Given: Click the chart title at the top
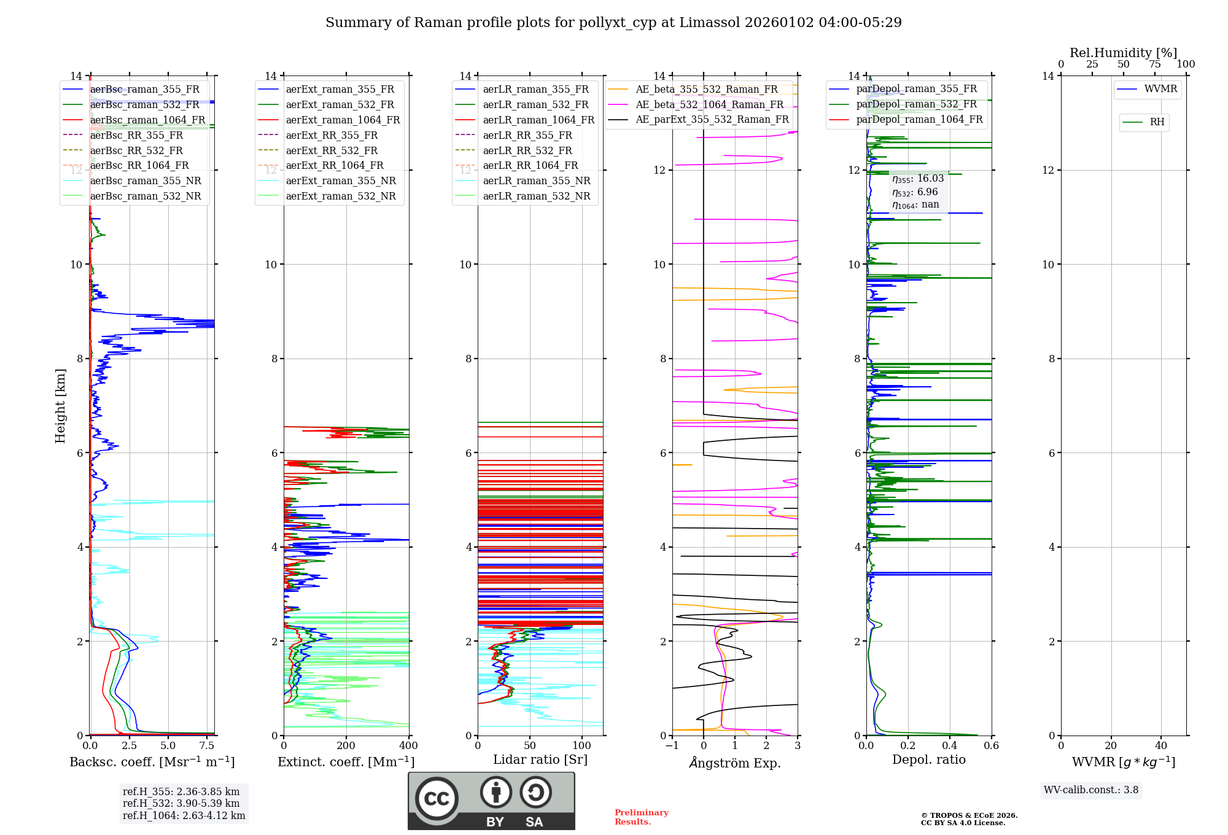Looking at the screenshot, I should [x=613, y=23].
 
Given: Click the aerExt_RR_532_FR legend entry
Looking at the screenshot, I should [x=332, y=150].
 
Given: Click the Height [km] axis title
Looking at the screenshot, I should [x=60, y=405].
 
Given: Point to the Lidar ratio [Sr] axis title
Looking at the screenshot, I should [x=540, y=759].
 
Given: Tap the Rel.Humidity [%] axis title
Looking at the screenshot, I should [x=1123, y=53].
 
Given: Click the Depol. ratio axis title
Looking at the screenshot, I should [x=928, y=759].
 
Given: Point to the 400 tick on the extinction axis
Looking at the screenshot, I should [x=408, y=746].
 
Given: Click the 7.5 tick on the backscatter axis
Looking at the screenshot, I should [x=207, y=746].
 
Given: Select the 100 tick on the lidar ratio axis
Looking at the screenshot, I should [x=582, y=746].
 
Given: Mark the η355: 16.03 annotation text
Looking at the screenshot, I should [x=918, y=179].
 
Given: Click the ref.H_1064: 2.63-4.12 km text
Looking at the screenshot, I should [x=184, y=816].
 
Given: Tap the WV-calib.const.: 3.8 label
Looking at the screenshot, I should [x=1091, y=790].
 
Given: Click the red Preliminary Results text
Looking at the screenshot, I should [x=641, y=817].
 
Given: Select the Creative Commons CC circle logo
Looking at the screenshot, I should [x=437, y=799].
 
